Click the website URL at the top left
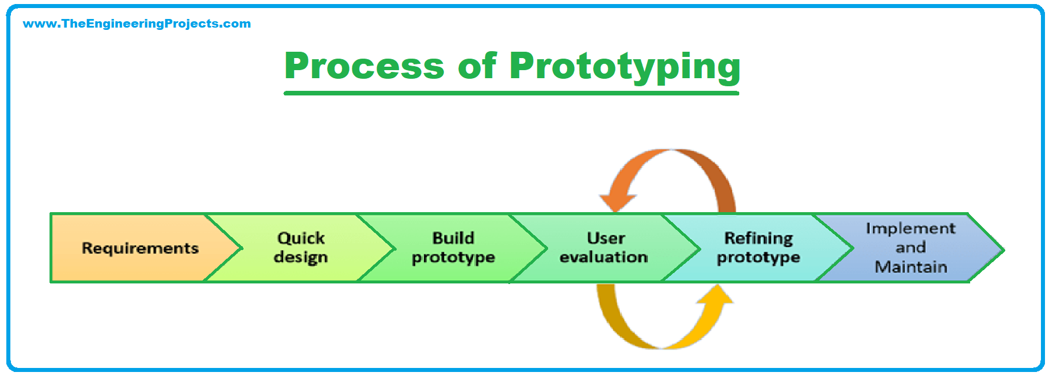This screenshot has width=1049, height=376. tap(136, 24)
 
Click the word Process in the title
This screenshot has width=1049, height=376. tap(364, 66)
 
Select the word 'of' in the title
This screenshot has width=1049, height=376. tap(477, 66)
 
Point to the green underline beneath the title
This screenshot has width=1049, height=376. tap(511, 93)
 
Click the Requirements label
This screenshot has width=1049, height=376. tap(140, 248)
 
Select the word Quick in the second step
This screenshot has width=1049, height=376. tap(301, 238)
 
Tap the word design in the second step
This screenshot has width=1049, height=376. tap(301, 258)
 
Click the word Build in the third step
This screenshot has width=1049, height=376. tap(453, 238)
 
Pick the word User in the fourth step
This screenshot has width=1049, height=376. tap(606, 238)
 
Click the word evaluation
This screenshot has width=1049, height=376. tap(603, 257)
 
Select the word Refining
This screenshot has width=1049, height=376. tap(758, 238)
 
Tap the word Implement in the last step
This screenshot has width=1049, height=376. tap(910, 228)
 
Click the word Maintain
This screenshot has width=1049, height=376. tap(910, 267)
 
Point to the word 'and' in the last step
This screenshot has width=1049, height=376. tap(910, 248)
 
